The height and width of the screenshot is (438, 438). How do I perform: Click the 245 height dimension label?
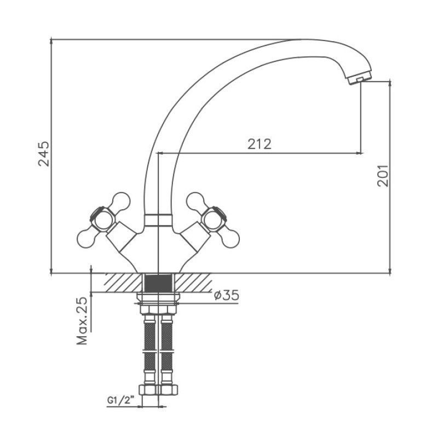click(44, 154)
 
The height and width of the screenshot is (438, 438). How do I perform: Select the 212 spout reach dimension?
click(259, 144)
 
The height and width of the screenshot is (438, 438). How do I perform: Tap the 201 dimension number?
click(383, 176)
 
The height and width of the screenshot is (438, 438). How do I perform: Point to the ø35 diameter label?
click(227, 295)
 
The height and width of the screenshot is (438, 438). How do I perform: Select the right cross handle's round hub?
click(214, 219)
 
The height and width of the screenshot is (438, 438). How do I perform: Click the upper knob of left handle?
click(120, 200)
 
